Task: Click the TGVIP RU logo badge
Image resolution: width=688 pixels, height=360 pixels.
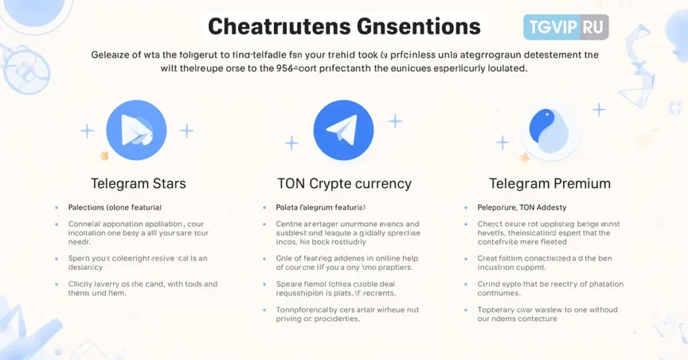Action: pos(566,28)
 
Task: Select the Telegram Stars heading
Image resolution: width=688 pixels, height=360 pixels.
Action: pos(138,183)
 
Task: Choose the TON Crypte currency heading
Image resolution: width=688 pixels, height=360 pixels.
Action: pos(344,183)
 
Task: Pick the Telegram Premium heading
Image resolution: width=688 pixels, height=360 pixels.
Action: pos(550,183)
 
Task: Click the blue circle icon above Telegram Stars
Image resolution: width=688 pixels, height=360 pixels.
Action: pos(136,131)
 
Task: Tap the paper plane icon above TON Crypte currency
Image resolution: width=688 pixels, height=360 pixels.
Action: pos(343,130)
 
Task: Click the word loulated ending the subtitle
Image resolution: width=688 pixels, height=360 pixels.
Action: pos(503,68)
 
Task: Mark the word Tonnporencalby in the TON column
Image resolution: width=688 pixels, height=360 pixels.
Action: pos(307,310)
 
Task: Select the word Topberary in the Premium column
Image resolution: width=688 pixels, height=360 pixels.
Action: pos(497,310)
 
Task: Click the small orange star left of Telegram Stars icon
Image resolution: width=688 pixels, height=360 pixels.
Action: pos(104,156)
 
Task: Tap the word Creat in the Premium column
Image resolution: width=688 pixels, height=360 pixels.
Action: pos(488,259)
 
